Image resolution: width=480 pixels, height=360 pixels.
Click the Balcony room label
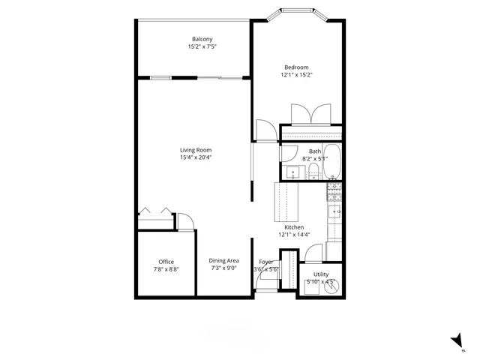click(202, 39)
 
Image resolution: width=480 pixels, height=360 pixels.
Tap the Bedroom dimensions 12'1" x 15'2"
click(296, 75)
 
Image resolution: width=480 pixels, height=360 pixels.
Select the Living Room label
click(196, 150)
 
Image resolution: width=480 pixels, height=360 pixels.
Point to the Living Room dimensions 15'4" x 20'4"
click(196, 157)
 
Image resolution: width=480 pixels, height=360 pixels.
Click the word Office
click(166, 262)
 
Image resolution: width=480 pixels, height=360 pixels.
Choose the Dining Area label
click(224, 261)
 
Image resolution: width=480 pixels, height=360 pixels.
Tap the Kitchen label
click(294, 227)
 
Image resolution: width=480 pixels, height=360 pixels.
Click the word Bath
click(314, 151)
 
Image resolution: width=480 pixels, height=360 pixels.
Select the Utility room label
click(321, 274)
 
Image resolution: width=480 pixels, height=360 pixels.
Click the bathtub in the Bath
click(334, 159)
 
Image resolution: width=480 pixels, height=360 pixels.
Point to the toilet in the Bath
click(332, 175)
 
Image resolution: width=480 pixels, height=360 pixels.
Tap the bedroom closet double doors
click(307, 115)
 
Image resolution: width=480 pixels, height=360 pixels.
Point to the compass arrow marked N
click(455, 342)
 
